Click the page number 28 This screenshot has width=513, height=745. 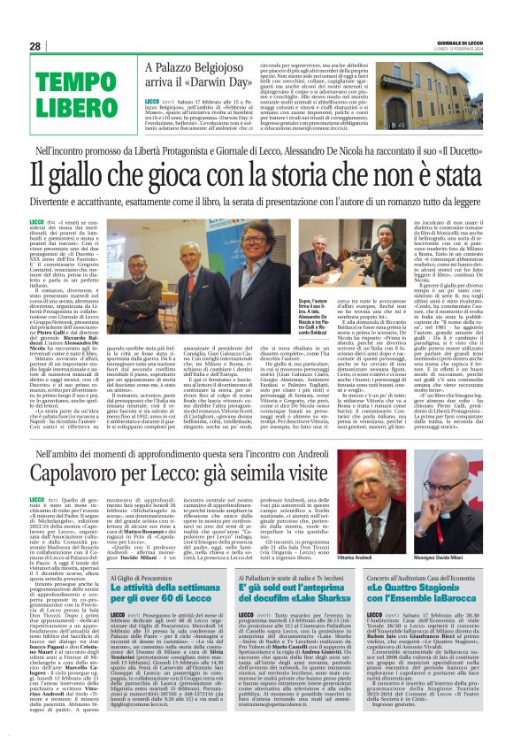pos(34,46)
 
